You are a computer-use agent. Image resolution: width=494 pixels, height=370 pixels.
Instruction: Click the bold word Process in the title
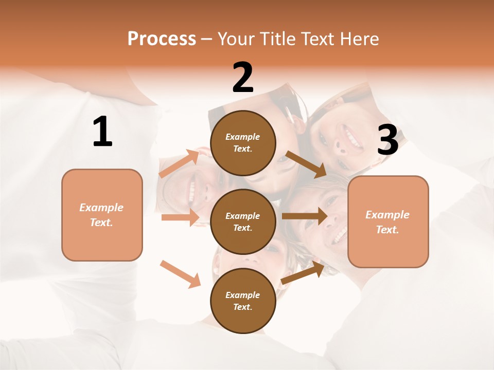[162, 39]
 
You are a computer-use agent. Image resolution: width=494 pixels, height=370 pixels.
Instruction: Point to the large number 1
[102, 132]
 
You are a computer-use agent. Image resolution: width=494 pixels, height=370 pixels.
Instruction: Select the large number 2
[243, 78]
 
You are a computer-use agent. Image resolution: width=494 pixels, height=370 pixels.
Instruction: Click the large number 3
[387, 140]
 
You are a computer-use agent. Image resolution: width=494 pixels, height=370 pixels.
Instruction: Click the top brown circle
[243, 143]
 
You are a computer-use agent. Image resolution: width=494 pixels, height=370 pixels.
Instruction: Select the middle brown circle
[243, 221]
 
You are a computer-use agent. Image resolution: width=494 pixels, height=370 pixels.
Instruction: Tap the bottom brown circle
[243, 301]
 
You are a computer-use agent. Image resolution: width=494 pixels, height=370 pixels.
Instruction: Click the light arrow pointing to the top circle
[179, 163]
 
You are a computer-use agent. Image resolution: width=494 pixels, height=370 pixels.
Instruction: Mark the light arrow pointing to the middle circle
[180, 217]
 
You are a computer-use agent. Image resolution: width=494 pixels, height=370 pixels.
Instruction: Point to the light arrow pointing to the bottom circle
[180, 274]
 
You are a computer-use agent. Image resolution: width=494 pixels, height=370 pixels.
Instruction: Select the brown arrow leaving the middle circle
[305, 216]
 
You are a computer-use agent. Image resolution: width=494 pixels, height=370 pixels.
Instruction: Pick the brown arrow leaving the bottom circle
[303, 272]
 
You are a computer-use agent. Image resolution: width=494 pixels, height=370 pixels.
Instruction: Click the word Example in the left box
[101, 208]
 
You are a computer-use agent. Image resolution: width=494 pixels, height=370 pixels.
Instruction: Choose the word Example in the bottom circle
[243, 295]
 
